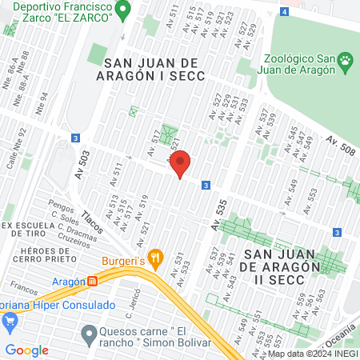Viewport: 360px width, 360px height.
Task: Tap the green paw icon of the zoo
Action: click(345, 60)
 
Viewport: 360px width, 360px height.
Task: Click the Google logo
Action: click(27, 350)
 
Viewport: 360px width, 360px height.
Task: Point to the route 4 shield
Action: click(286, 11)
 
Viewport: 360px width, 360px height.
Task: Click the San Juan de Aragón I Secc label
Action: click(155, 69)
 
